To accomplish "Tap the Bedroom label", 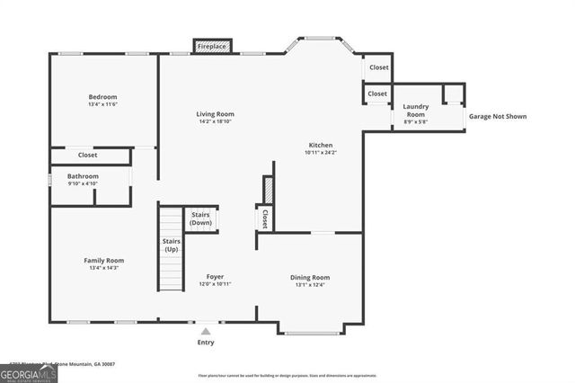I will click(x=102, y=97).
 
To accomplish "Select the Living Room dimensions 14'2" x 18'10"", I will click(x=216, y=123).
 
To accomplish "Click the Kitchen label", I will click(x=321, y=145).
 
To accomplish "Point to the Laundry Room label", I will click(x=415, y=111).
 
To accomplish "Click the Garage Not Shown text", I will click(x=497, y=116).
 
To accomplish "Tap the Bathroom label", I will click(x=82, y=176).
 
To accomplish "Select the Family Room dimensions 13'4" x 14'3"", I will click(x=103, y=268).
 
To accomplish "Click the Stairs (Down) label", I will click(x=201, y=218).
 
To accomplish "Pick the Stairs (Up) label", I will click(x=171, y=245).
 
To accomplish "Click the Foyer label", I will click(x=215, y=276).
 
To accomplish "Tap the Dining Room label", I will click(x=310, y=278).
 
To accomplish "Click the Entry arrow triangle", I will click(x=206, y=331).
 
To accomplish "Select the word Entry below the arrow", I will click(x=206, y=343).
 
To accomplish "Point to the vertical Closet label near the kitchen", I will click(x=264, y=218).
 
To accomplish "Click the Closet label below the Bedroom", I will click(x=87, y=156).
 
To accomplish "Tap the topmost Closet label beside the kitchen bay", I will click(x=378, y=67).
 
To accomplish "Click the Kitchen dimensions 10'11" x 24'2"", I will click(x=321, y=153).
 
